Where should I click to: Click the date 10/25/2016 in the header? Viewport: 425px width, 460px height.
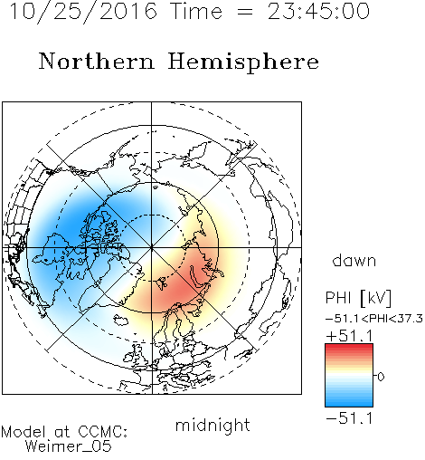point(83,12)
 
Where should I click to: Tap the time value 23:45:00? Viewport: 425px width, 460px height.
point(318,12)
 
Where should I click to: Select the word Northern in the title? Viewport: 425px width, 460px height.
point(97,61)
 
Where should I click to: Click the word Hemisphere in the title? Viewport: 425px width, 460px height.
point(243,62)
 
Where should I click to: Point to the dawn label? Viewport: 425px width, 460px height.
point(354,260)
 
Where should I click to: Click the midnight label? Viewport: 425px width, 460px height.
point(212,426)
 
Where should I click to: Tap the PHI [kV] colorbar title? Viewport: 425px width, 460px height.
point(358,298)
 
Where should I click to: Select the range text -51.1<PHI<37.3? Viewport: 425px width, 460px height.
point(374,319)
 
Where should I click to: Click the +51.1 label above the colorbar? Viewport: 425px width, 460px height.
point(350,336)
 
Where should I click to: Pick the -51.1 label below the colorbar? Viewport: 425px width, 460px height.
point(350,418)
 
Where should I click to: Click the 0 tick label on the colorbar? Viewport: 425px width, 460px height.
point(381,377)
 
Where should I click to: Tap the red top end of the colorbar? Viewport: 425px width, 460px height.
point(349,346)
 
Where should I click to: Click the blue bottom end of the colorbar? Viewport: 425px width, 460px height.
point(349,404)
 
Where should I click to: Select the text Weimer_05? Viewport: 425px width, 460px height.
point(69,446)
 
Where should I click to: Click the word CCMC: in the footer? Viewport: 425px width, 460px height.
point(102,432)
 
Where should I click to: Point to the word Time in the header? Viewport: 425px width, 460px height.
point(196,12)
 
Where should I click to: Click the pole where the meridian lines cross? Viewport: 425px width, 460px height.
point(151,247)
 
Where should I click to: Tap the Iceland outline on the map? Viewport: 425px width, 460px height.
point(120,321)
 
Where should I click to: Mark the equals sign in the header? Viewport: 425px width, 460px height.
point(245,12)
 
